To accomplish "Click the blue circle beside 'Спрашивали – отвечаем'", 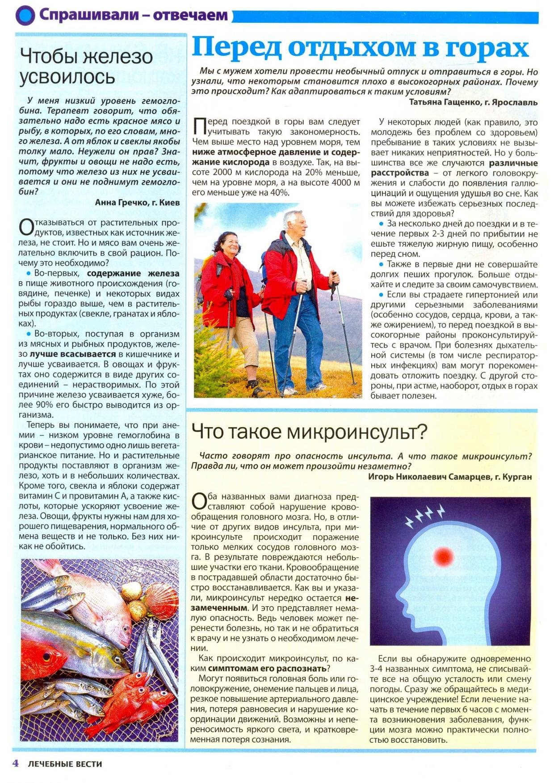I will pos(25,16).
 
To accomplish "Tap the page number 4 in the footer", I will pos(16,763).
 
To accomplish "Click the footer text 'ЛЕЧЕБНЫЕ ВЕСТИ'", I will pos(65,764).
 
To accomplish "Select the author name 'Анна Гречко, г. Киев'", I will pos(138,202).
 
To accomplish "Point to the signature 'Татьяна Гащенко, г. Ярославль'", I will pos(473,102).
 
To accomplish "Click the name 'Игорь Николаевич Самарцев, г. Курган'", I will pos(450,477).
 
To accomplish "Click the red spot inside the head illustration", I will pos(443,556).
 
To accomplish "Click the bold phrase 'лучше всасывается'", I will pos(73,354).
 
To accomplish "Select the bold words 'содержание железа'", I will pos(133,273).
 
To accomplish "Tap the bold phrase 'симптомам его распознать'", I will pos(267,668).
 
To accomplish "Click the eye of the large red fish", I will pos(46,656).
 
